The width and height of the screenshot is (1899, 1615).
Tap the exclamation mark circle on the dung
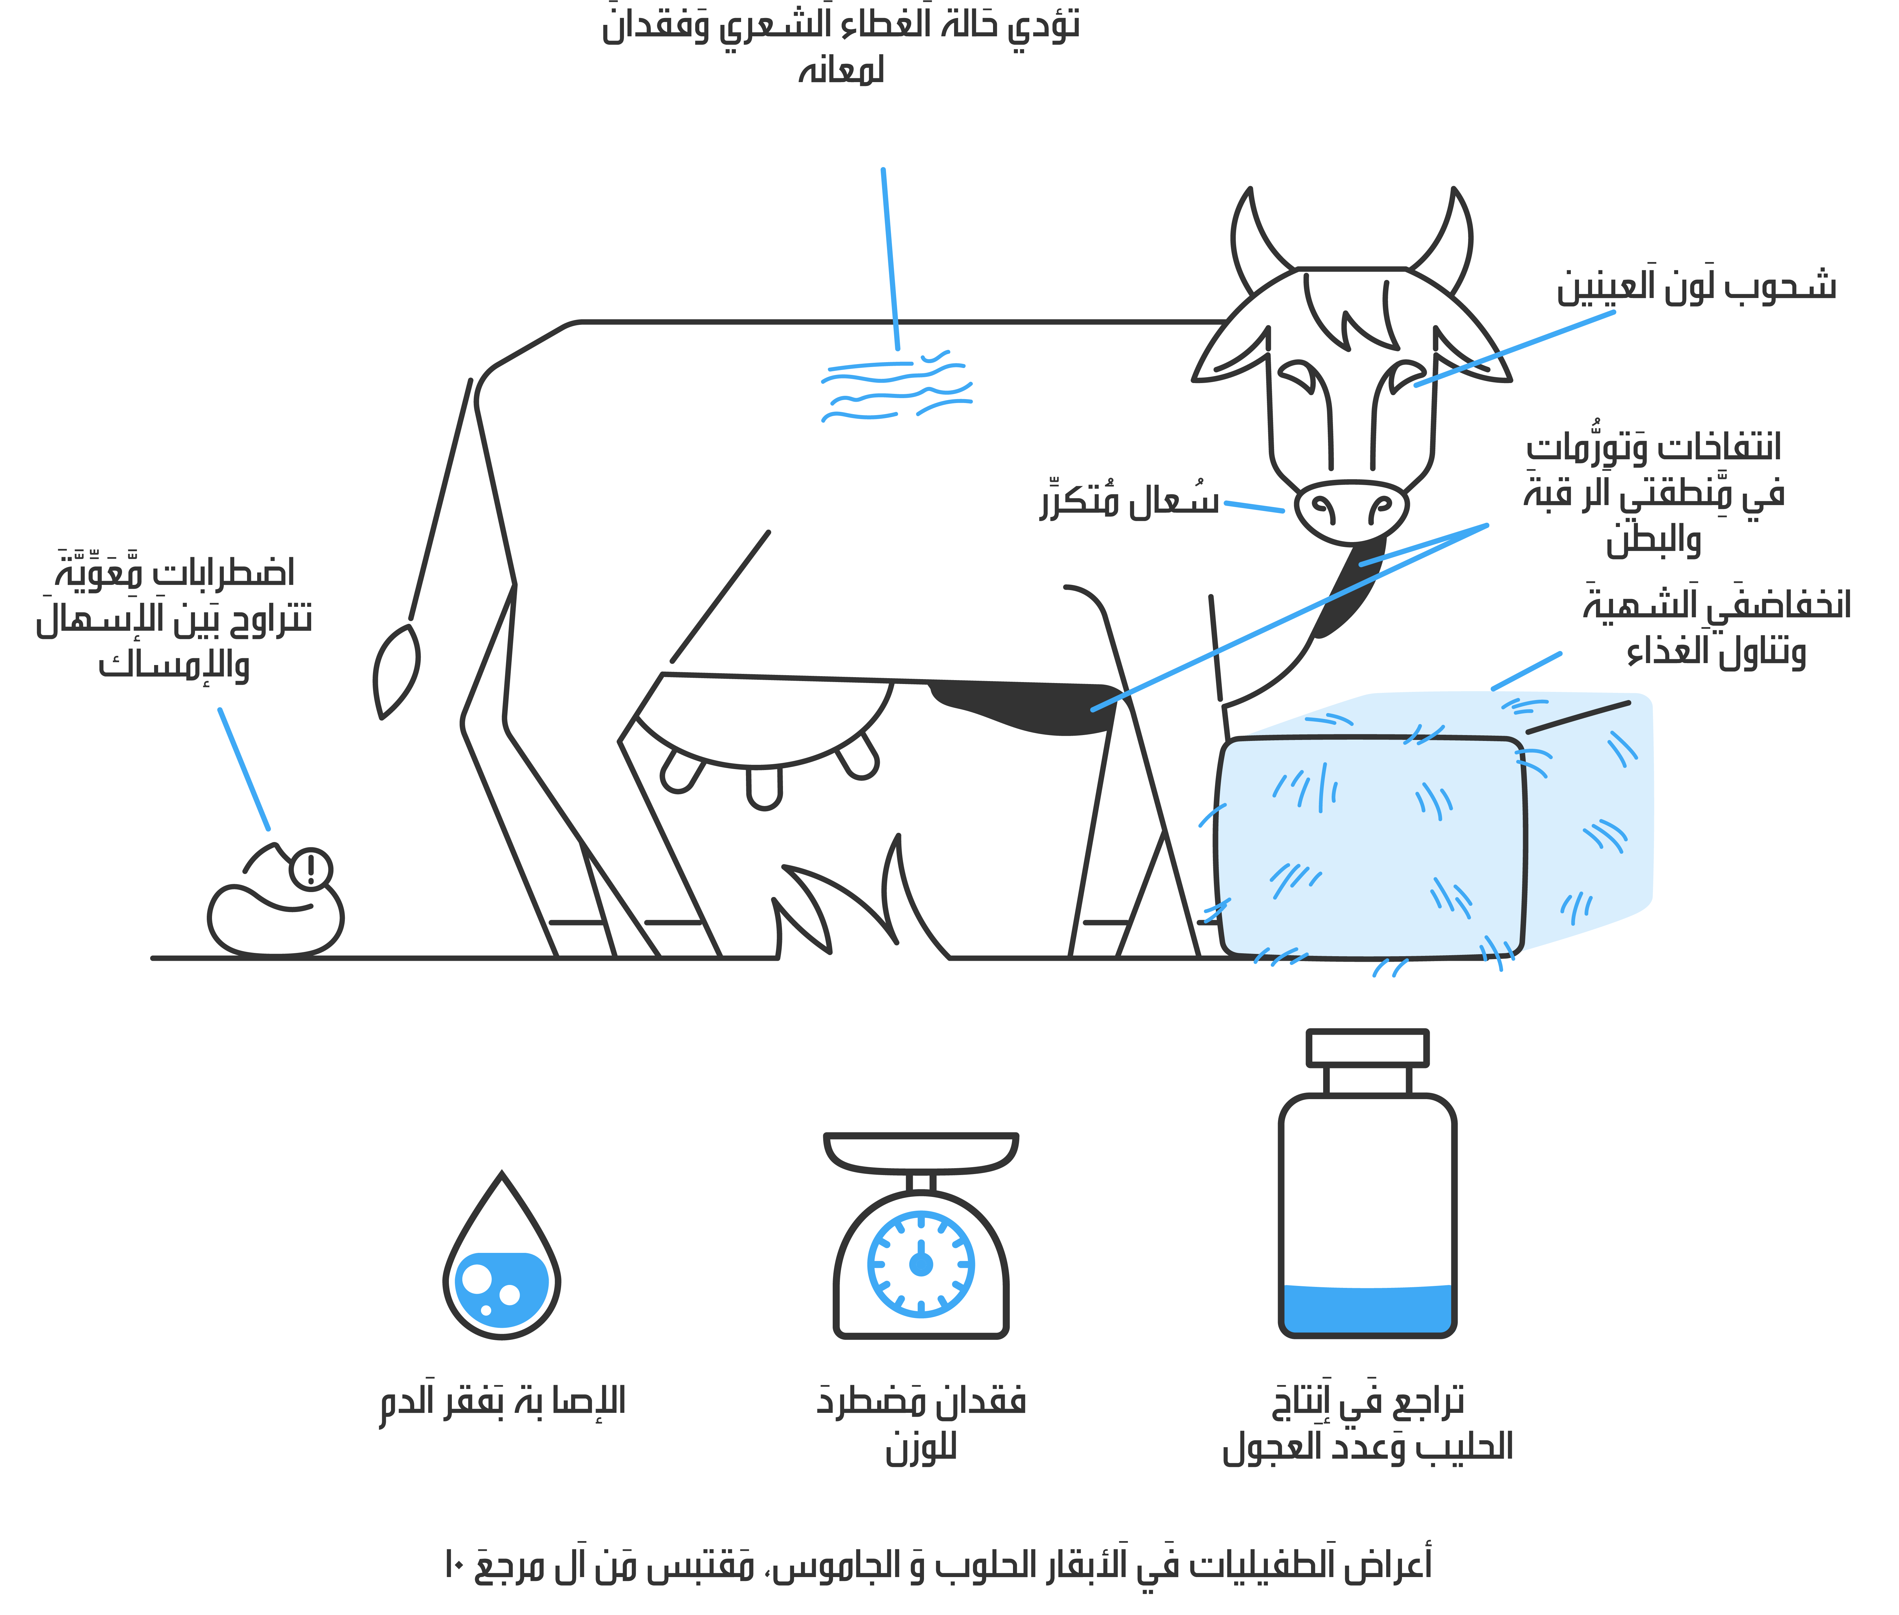coord(311,870)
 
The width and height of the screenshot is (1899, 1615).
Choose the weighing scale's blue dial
coord(921,1264)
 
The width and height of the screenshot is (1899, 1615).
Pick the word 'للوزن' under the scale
coord(921,1449)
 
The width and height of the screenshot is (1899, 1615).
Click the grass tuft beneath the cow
coord(861,902)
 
